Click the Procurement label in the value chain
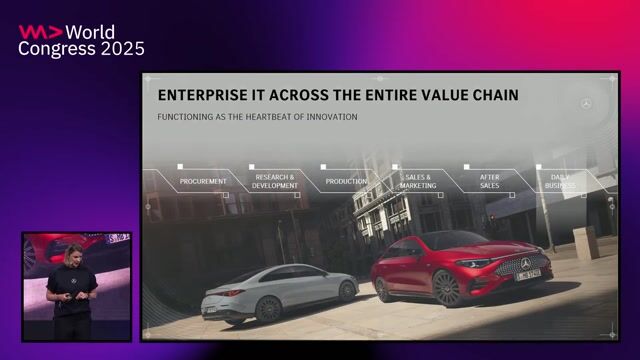point(203,181)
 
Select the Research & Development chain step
point(275,181)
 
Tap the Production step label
point(345,181)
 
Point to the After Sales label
point(489,181)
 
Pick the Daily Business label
point(560,181)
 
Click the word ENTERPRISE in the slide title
point(205,95)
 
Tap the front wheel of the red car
point(446,289)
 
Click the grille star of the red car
point(525,264)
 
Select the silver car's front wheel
point(346,289)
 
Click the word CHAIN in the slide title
point(489,95)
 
